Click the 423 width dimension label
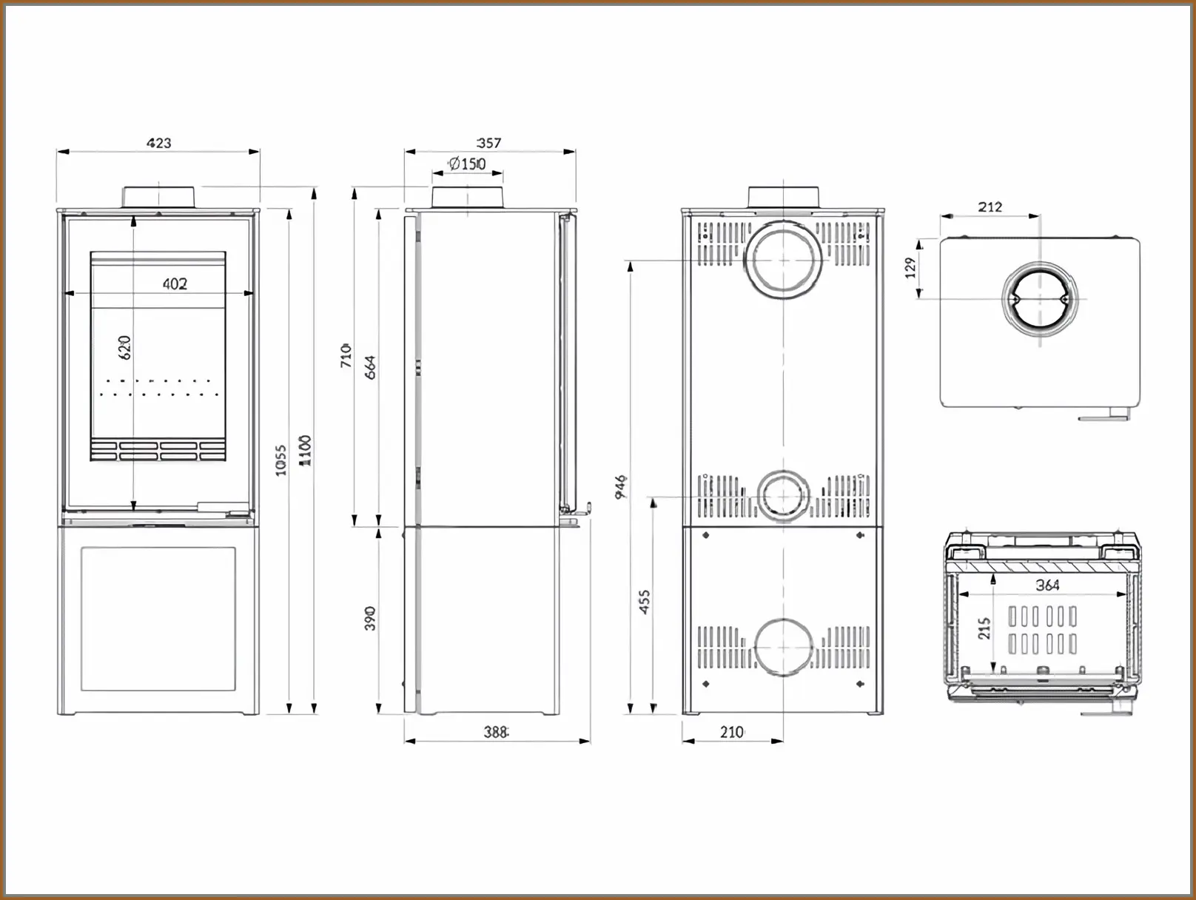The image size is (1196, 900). click(159, 143)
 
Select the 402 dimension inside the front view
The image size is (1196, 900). click(175, 283)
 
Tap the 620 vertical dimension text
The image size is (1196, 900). click(124, 348)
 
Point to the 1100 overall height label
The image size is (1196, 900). click(305, 450)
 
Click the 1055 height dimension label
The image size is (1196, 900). click(281, 460)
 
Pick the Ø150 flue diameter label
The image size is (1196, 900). click(467, 164)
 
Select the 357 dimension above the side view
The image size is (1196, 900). click(488, 143)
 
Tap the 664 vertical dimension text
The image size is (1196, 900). click(370, 367)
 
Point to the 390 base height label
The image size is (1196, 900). click(370, 618)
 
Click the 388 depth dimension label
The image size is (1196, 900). click(495, 732)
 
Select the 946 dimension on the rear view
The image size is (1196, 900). click(622, 486)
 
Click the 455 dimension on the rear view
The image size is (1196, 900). click(644, 602)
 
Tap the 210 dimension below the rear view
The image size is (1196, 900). click(731, 732)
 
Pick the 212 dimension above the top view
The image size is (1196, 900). click(990, 207)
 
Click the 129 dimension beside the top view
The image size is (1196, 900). click(911, 267)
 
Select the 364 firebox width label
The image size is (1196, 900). click(1047, 585)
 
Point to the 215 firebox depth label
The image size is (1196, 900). click(984, 628)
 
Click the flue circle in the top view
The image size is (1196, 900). click(1040, 299)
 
